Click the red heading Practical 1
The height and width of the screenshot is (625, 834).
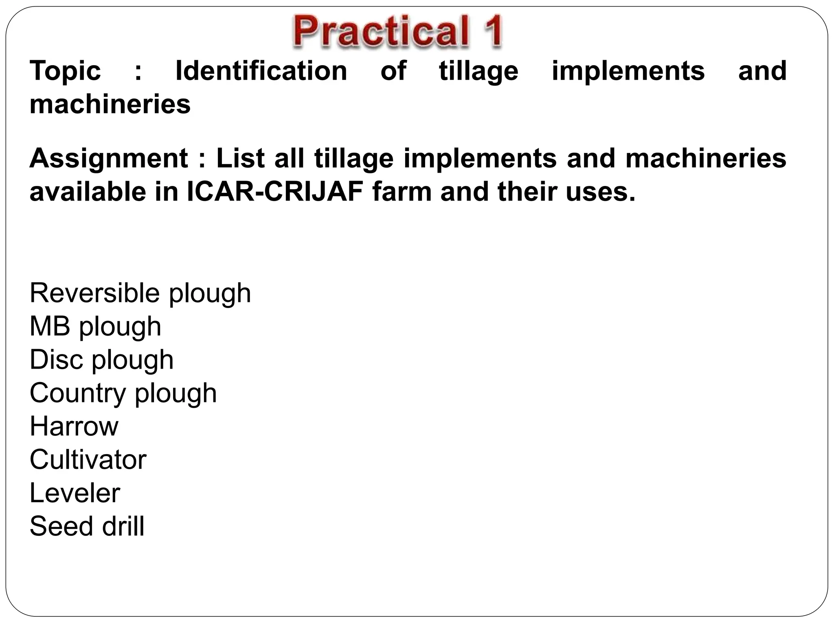397,32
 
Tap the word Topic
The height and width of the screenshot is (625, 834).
65,71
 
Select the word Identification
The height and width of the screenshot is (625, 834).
261,71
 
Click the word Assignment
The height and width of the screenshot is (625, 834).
109,158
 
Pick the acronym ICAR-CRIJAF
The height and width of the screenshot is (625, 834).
275,192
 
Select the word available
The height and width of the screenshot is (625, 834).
88,192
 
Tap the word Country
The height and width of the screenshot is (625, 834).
77,393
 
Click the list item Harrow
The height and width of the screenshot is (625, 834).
74,426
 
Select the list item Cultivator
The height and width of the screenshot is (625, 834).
88,459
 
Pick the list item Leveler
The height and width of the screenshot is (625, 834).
75,493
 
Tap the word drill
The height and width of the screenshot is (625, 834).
123,526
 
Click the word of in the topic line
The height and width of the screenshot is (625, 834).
393,71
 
